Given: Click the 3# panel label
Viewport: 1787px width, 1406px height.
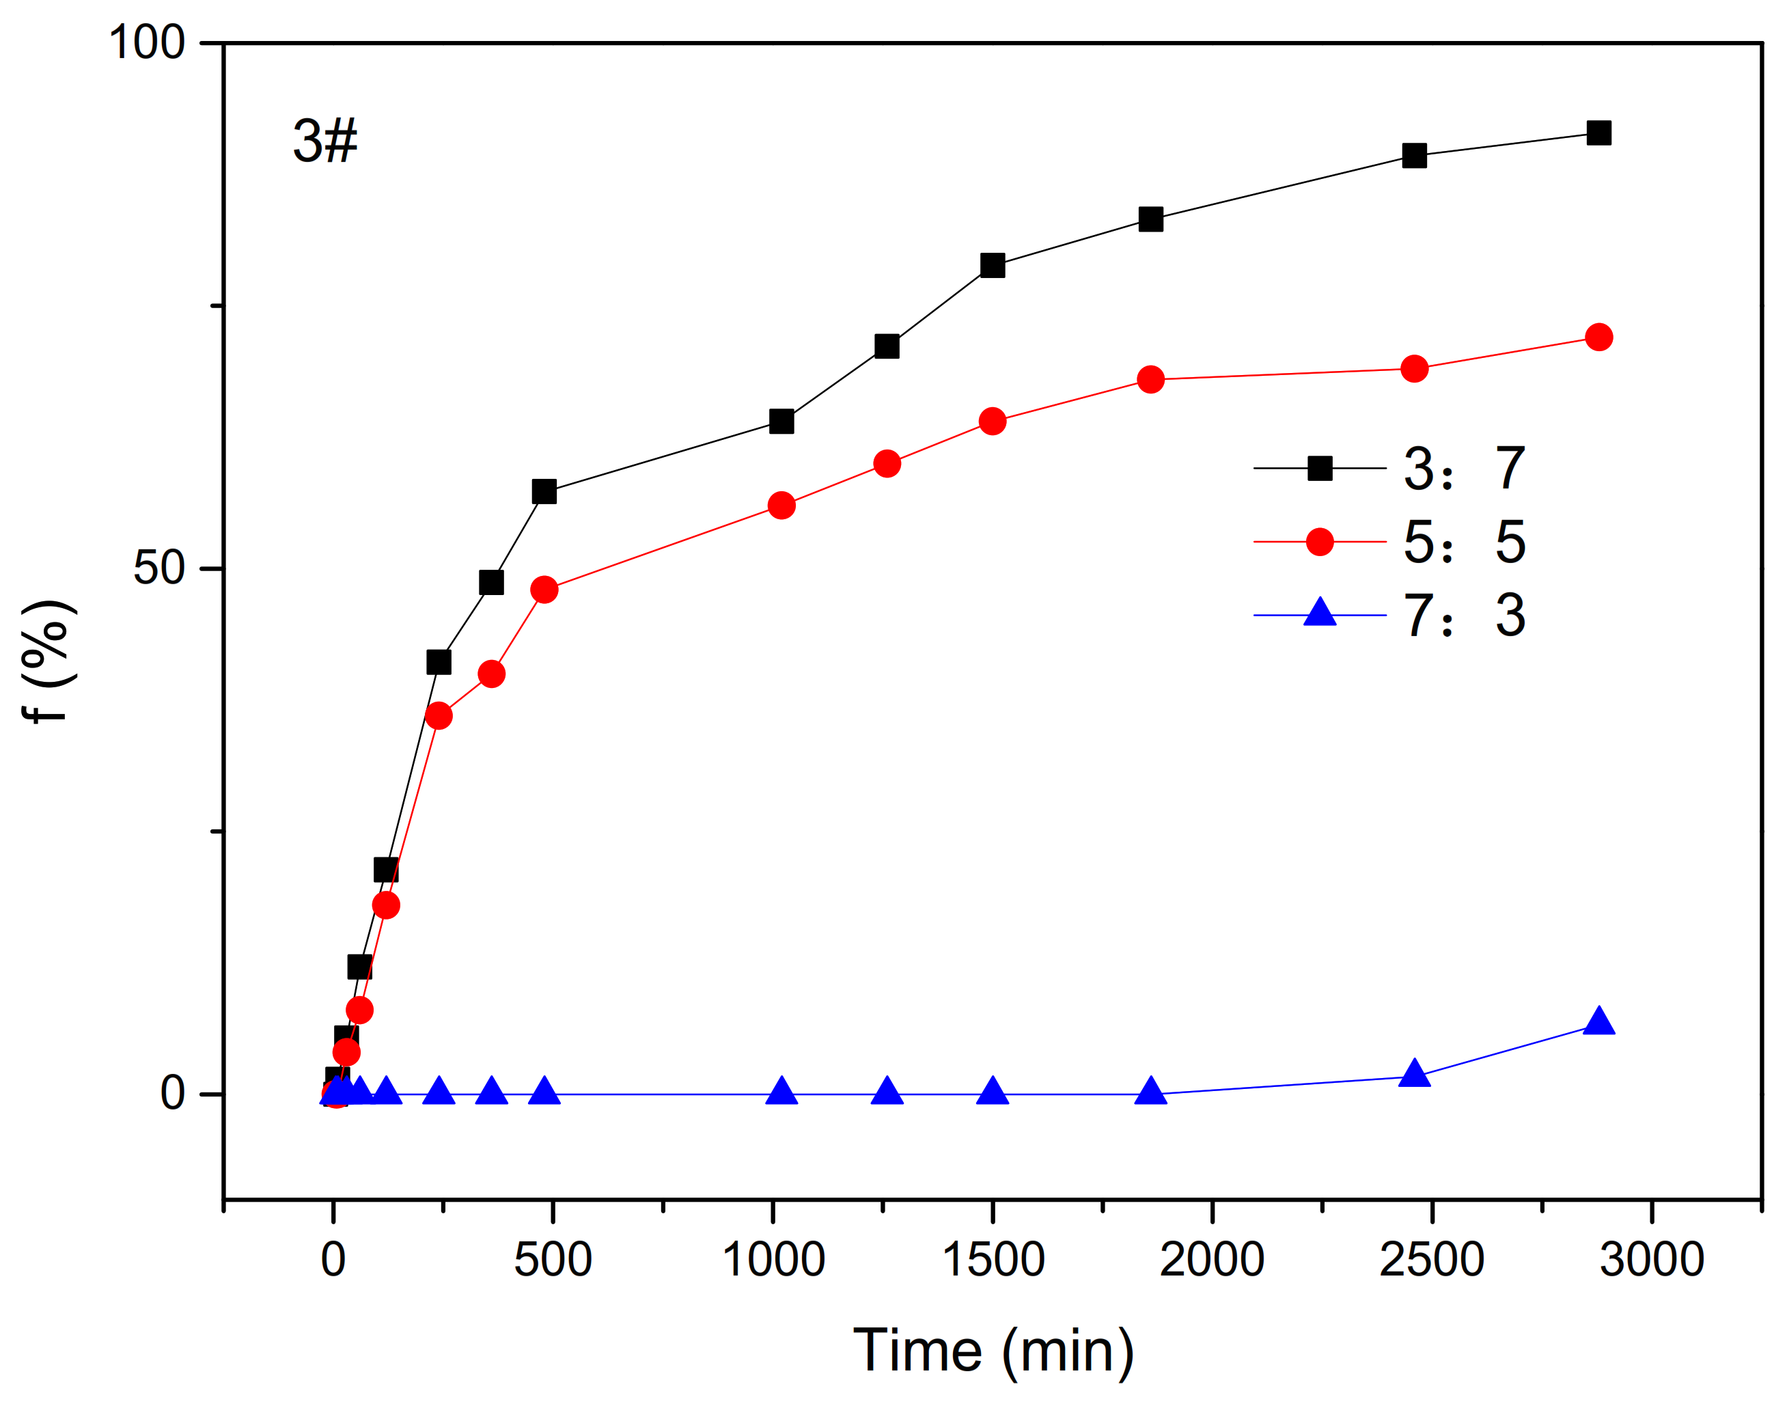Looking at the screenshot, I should (325, 141).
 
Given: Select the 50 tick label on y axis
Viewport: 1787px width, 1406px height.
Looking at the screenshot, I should (159, 568).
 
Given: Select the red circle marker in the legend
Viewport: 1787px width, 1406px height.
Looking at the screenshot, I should (1320, 542).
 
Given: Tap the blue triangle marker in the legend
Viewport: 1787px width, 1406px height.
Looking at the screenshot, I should (1320, 614).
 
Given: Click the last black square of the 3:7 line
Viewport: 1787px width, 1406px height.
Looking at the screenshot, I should (1598, 133).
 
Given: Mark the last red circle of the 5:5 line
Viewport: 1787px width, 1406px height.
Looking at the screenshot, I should (1598, 337).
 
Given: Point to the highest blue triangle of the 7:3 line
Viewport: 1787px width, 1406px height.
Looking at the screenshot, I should (1598, 1021).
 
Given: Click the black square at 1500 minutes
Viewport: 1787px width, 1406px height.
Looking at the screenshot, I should (993, 265).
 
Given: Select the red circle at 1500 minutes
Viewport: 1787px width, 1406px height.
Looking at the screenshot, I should (993, 422).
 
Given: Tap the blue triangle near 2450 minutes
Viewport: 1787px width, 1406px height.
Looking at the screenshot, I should (1414, 1074).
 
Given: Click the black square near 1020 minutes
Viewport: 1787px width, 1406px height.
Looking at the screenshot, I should (781, 422).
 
